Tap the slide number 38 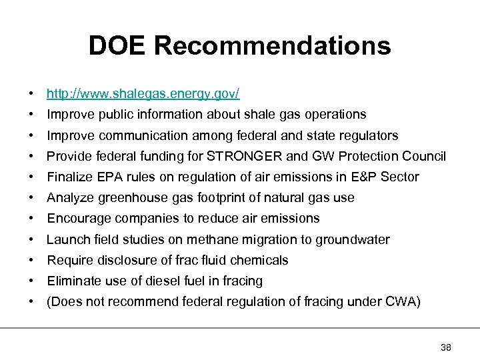point(446,347)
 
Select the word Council point(422,157)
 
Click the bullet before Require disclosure point(32,261)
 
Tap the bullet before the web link point(32,94)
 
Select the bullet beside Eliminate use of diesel point(32,281)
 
